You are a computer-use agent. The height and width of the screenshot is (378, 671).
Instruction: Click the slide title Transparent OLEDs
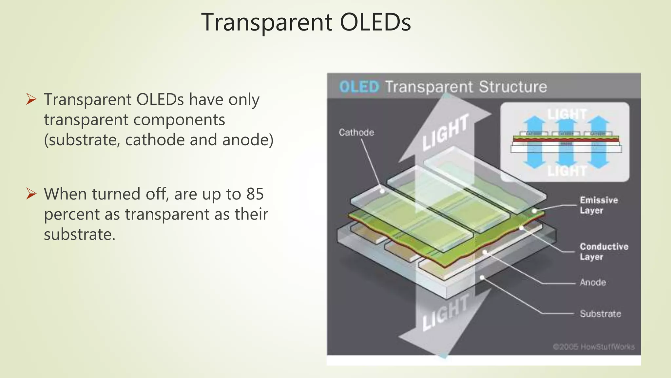[x=306, y=22]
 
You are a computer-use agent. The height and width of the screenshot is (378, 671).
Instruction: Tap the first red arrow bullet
[x=31, y=99]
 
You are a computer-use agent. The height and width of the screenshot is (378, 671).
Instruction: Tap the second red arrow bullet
[x=31, y=194]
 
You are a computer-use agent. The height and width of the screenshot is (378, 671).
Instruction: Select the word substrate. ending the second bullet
[x=80, y=235]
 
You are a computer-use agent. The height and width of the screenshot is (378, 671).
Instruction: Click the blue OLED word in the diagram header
[x=359, y=87]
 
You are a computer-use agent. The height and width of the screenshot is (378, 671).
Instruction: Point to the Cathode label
[x=356, y=132]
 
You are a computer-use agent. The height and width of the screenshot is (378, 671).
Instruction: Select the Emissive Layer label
[x=598, y=205]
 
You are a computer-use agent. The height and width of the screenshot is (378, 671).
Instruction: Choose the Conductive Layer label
[x=604, y=251]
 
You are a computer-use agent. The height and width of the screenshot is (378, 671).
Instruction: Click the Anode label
[x=592, y=282]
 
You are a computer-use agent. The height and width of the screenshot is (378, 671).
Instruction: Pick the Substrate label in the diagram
[x=600, y=313]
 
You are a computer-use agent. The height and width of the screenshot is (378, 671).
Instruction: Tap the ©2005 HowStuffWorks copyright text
[x=593, y=346]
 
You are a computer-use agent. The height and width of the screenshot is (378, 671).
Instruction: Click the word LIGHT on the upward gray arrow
[x=445, y=133]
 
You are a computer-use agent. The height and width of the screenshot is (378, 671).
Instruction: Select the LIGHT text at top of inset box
[x=567, y=114]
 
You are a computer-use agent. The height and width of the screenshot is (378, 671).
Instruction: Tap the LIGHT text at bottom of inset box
[x=567, y=171]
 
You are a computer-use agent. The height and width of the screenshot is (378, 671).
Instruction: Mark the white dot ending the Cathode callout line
[x=382, y=191]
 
